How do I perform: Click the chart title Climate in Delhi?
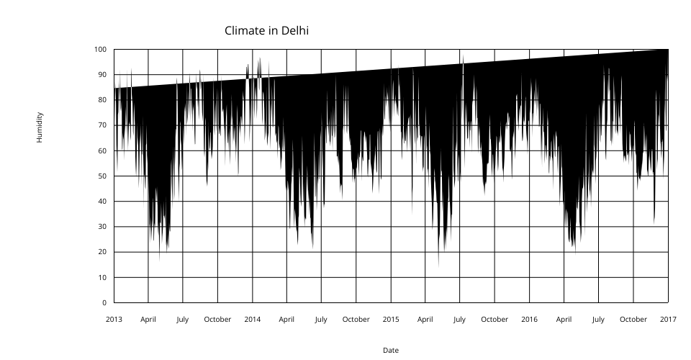tap(267, 30)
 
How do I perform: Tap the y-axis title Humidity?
tap(40, 127)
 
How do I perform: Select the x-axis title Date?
tap(391, 350)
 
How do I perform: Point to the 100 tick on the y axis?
tap(100, 49)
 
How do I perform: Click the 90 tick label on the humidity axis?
tap(102, 75)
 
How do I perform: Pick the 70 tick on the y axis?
tap(102, 125)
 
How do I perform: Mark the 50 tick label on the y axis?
tap(102, 176)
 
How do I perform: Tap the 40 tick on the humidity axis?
tap(102, 202)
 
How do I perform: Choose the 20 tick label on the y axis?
tap(102, 252)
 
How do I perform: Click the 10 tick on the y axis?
tap(102, 277)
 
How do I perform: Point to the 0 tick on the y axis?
tap(104, 302)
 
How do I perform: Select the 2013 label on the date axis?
tap(114, 319)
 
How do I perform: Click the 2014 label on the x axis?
tap(253, 319)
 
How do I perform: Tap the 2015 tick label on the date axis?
tap(391, 319)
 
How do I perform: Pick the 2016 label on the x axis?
tap(529, 319)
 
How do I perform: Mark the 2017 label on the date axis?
tap(668, 319)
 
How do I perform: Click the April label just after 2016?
tap(564, 319)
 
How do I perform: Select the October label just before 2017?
tap(633, 319)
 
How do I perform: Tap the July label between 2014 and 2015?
tap(321, 319)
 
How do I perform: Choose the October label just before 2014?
tap(217, 319)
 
